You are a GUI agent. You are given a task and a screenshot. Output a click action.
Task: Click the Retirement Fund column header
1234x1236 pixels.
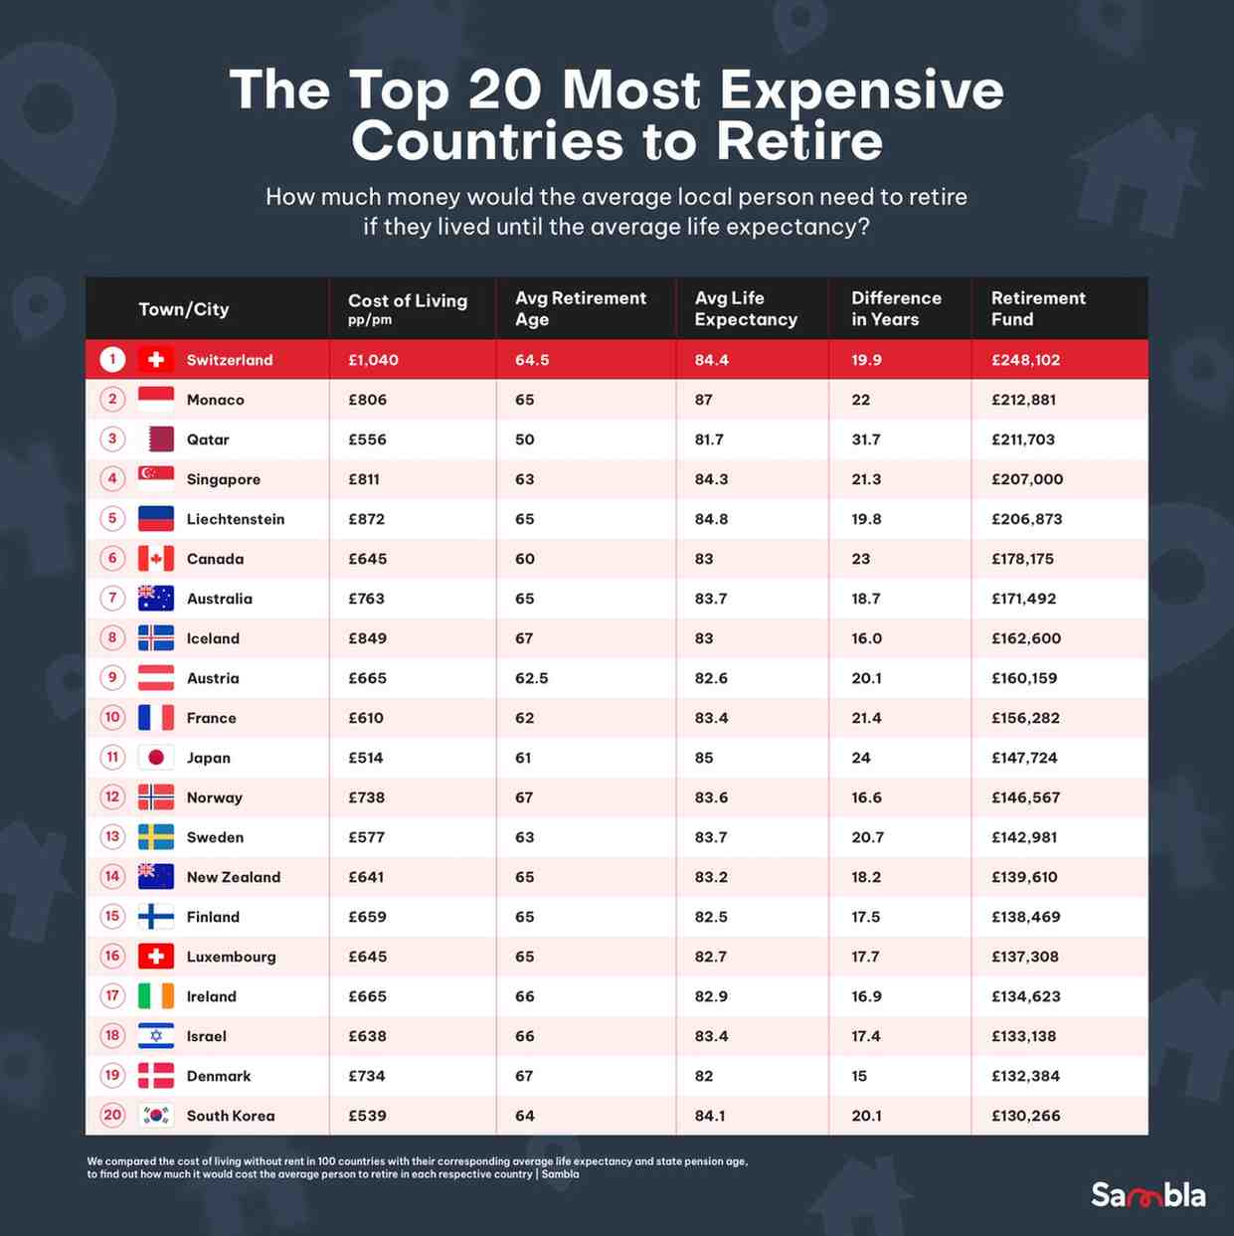click(1037, 308)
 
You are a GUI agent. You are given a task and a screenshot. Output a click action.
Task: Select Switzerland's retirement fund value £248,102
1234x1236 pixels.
click(1025, 360)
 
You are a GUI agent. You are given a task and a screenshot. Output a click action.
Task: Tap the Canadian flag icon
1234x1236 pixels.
click(156, 559)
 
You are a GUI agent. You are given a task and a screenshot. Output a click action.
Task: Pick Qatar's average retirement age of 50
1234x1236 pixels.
click(524, 440)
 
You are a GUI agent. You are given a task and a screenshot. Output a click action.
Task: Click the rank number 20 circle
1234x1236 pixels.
click(112, 1115)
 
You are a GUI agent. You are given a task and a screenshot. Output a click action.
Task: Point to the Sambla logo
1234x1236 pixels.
click(1147, 1194)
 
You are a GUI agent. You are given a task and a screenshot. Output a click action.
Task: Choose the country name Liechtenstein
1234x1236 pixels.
click(235, 519)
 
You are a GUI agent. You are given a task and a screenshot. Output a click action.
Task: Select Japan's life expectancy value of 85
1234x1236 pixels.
click(704, 758)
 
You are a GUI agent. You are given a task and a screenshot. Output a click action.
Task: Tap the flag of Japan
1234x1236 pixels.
click(156, 758)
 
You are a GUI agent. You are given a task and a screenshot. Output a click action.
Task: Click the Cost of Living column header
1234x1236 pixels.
click(407, 307)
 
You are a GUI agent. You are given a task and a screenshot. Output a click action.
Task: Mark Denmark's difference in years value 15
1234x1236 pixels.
click(859, 1076)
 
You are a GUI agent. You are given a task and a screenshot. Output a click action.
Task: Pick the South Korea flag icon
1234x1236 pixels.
click(156, 1116)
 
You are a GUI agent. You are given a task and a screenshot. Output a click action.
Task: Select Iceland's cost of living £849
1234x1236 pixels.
click(367, 638)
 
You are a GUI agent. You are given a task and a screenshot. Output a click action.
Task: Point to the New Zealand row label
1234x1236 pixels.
click(233, 877)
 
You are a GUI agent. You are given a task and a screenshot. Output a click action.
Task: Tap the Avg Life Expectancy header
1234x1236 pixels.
click(745, 308)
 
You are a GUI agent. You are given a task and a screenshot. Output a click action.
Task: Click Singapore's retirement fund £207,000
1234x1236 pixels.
click(1026, 479)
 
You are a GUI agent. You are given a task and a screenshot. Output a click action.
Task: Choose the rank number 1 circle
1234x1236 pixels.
click(112, 359)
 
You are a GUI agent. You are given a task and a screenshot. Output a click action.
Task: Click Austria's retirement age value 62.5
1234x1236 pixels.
click(531, 678)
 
